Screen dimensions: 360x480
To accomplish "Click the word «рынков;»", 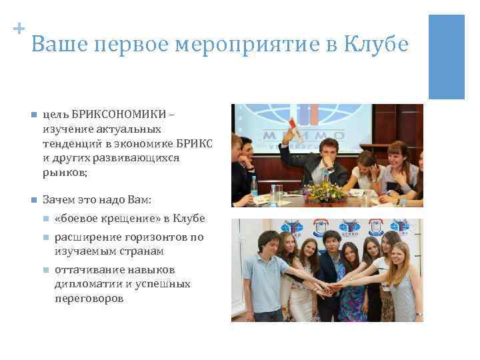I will [x=64, y=172].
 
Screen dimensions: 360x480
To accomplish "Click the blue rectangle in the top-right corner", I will [x=446, y=57].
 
